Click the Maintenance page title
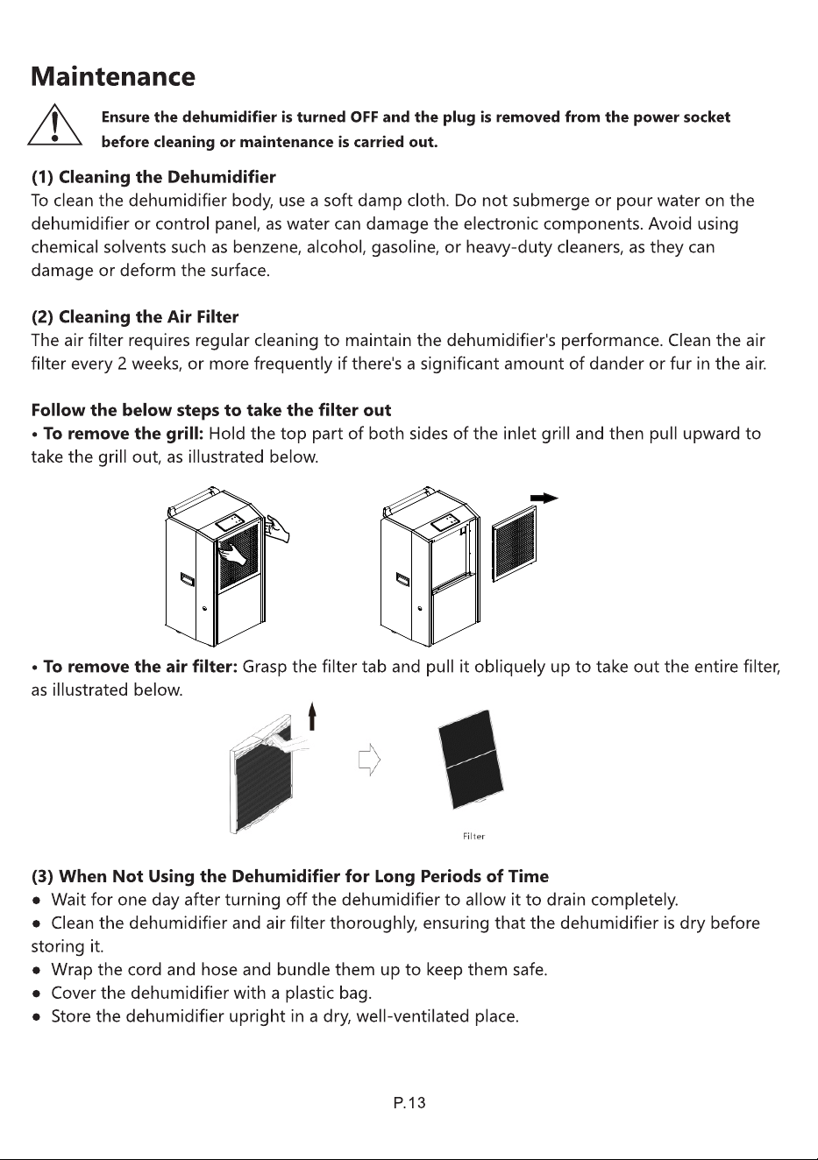[113, 76]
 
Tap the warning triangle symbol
[54, 124]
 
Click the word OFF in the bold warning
[365, 117]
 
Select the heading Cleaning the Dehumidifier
[167, 177]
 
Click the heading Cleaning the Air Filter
[148, 317]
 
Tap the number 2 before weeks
[122, 364]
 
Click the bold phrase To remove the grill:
[124, 434]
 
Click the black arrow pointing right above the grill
[544, 499]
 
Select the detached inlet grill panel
[514, 544]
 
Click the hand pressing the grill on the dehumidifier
[234, 553]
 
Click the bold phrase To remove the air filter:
[140, 667]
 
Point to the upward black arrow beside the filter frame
[311, 716]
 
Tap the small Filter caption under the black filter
[473, 837]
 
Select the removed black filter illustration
[471, 760]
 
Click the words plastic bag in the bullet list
[329, 994]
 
